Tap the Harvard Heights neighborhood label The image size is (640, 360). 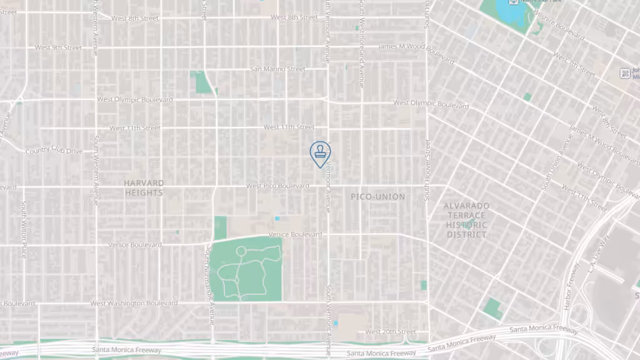point(143,188)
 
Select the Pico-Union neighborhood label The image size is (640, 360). point(377,196)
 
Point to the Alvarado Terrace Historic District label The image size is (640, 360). point(466,220)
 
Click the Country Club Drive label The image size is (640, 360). point(54,151)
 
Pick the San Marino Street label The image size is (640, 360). point(277,69)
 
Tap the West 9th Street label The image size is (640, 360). point(58,47)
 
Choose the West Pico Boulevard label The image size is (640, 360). point(277,186)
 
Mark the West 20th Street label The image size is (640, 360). point(390,332)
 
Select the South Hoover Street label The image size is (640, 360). point(427,170)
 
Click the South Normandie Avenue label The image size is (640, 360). point(211,284)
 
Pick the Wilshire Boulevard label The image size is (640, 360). point(558,27)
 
